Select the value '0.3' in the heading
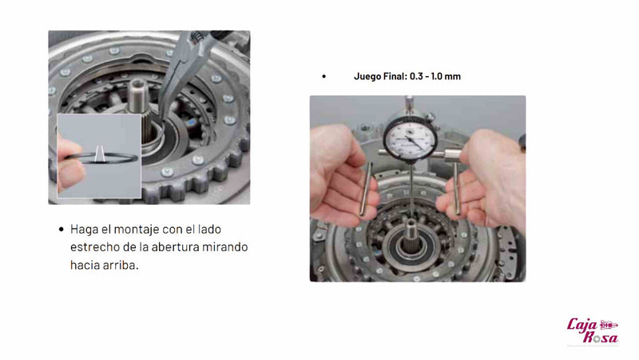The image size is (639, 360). coord(418,76)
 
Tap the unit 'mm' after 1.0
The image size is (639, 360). coord(455,76)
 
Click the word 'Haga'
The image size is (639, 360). coord(85,229)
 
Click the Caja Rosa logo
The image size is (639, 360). coord(592,329)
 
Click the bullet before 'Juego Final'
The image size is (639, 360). coord(323,77)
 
